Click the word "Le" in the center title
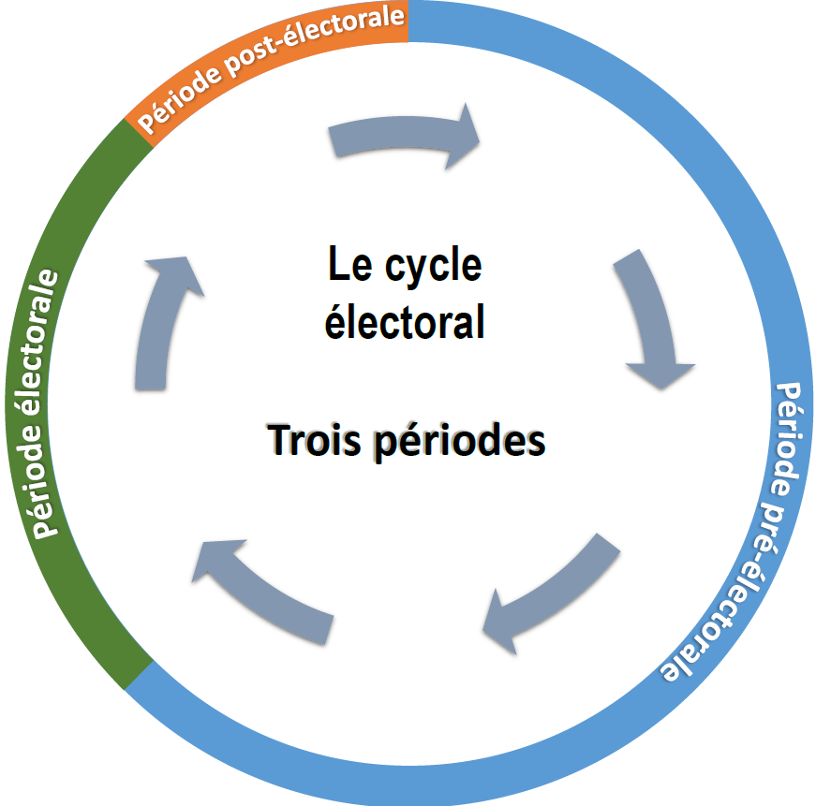[346, 266]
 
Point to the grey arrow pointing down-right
[656, 318]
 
